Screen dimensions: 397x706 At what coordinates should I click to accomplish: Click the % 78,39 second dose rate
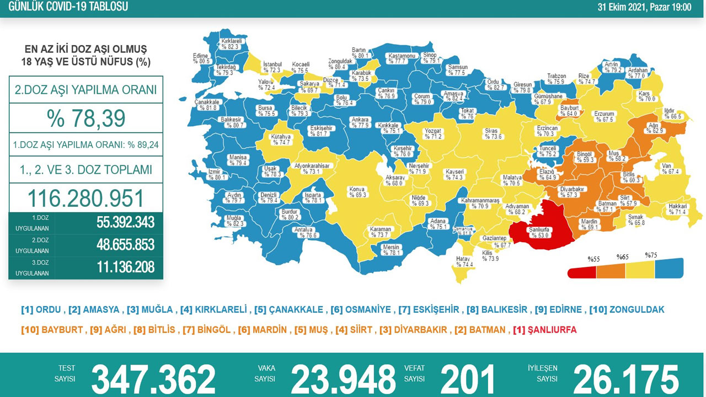(x=86, y=118)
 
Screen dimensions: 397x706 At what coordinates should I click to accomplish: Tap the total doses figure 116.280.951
(x=86, y=198)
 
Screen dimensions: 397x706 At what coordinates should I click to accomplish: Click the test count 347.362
(x=153, y=380)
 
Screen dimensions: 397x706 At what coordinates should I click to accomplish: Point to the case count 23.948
(x=343, y=380)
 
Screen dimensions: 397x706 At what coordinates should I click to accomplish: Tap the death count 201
(x=467, y=380)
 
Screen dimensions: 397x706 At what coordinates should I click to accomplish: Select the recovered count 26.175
(x=625, y=380)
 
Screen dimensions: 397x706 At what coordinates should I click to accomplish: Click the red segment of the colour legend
(x=582, y=272)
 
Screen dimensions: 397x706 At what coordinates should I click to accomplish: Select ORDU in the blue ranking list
(x=49, y=310)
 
